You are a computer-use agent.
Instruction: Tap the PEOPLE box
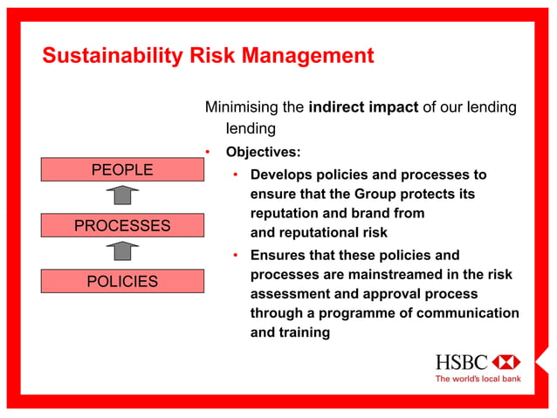(122, 169)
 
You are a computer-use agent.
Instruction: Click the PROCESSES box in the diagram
(122, 225)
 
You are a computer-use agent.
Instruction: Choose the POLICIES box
(122, 281)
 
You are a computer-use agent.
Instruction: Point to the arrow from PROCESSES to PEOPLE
(122, 197)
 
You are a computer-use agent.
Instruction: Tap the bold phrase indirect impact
(363, 107)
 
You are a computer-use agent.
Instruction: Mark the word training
(304, 332)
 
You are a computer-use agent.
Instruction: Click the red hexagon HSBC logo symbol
(505, 362)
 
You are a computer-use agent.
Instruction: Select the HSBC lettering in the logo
(462, 362)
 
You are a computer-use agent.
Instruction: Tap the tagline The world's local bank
(478, 379)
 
